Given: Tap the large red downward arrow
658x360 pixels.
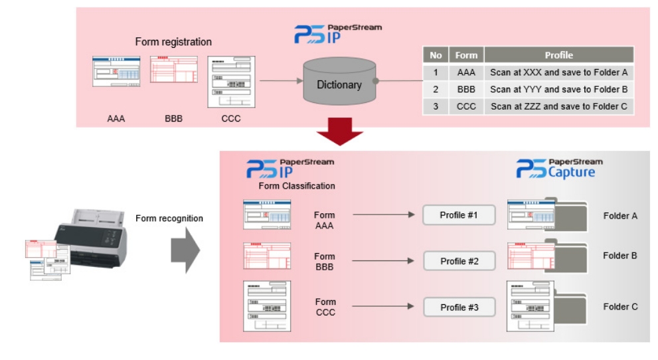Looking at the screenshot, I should (x=339, y=135).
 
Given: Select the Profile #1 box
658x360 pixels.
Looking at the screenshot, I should (x=459, y=215).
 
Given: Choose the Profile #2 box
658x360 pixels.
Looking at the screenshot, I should (x=459, y=261).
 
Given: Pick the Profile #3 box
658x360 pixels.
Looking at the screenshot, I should (x=459, y=308).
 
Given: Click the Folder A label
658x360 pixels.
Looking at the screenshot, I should (x=620, y=216).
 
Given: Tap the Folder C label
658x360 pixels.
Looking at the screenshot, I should (x=620, y=307).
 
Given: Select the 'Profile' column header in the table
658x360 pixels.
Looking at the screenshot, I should (x=558, y=55).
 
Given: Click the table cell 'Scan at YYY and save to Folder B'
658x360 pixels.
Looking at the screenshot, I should (x=558, y=89).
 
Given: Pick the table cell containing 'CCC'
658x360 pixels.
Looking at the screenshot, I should (x=466, y=106).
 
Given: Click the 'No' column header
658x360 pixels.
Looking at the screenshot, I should (x=436, y=55).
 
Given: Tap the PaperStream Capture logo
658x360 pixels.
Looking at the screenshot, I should (x=559, y=168).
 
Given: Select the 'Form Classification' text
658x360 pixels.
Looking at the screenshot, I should (x=297, y=186).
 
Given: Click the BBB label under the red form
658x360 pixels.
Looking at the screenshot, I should (x=173, y=120).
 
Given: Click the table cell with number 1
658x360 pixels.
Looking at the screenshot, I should (x=436, y=72).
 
